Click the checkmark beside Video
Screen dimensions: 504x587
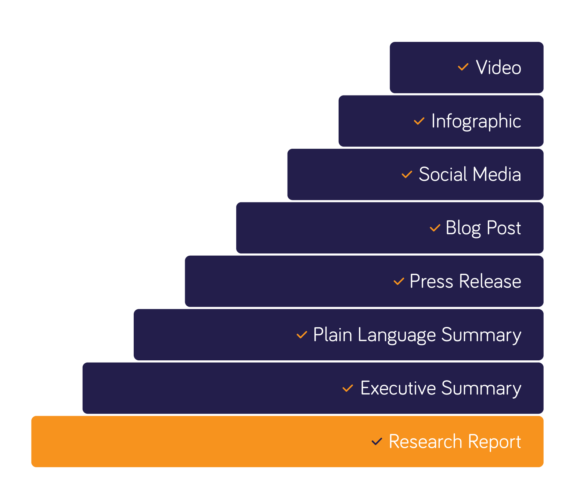(463, 67)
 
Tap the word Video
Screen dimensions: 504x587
(498, 68)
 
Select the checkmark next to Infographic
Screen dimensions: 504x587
(419, 121)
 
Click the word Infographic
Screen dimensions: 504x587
(476, 122)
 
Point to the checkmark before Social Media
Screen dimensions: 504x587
(407, 174)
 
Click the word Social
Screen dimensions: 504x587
(443, 174)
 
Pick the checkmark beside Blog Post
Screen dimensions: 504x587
(435, 228)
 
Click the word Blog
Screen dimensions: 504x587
(463, 228)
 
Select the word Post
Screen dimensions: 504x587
(504, 228)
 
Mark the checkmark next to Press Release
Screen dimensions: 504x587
(399, 282)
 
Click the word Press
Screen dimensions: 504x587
(431, 282)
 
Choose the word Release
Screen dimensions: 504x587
(490, 282)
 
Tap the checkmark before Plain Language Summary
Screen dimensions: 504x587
(302, 335)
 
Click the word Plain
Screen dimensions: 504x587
(332, 335)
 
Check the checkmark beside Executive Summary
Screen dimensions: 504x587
(347, 388)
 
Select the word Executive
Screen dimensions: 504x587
(398, 388)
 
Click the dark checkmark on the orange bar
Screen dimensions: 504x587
(377, 442)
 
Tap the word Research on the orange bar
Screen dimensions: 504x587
(425, 442)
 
